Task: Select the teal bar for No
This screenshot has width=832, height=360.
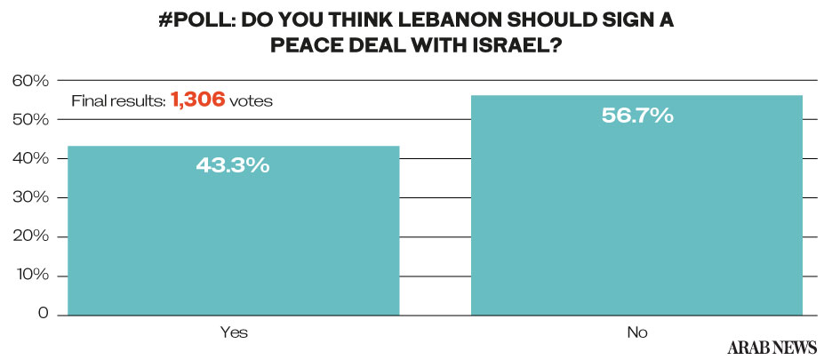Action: pos(636,213)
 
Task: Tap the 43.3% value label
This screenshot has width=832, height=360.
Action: pos(233,165)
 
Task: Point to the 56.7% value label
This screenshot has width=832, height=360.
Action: pos(636,115)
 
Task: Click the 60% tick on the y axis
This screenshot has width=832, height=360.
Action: pos(29,81)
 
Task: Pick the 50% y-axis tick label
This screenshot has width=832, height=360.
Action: pos(29,120)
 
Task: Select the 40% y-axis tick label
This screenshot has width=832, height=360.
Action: pos(29,159)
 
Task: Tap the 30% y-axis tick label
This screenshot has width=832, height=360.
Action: pos(29,198)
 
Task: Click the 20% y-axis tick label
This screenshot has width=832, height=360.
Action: pos(29,237)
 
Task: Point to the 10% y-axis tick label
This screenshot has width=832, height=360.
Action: pos(29,276)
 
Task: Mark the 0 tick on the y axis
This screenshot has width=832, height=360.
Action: pos(41,315)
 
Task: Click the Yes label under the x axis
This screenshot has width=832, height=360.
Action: pos(234,332)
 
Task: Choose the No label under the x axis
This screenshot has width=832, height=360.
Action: pos(636,332)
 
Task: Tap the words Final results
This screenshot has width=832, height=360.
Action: pos(117,101)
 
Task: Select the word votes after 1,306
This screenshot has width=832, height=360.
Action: pos(251,101)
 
